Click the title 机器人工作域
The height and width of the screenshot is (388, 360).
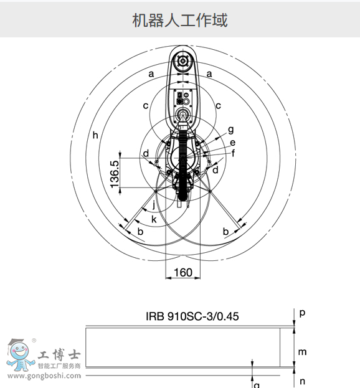pos(180,20)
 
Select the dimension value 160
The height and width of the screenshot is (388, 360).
pos(182,272)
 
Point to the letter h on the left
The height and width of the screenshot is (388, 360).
pos(95,135)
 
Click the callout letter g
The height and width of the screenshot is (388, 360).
pos(230,130)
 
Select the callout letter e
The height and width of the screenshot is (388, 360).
pos(232,142)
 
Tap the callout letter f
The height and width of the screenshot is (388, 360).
pos(233,153)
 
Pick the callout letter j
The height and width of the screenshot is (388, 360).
pos(154,205)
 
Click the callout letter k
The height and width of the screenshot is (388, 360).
pos(154,219)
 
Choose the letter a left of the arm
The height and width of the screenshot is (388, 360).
pos(151,73)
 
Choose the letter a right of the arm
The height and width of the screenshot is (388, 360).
pos(209,73)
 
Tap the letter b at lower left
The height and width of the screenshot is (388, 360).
pos(140,232)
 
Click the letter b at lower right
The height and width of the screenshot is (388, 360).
pos(225,232)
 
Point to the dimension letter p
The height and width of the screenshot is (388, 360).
pos(302,313)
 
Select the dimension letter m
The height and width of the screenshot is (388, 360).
pos(302,352)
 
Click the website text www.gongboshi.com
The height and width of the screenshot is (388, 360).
pos(44,376)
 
